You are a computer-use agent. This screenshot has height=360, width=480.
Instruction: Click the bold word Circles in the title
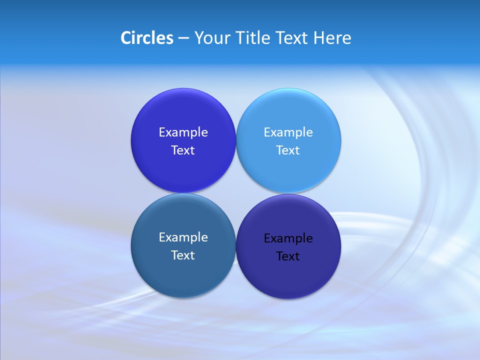tap(147, 38)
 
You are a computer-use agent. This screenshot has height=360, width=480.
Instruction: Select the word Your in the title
tap(210, 38)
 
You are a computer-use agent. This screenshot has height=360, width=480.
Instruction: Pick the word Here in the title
tap(332, 38)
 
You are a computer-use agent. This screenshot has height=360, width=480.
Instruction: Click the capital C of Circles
tap(126, 38)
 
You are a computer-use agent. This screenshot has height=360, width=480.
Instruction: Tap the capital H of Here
tap(319, 38)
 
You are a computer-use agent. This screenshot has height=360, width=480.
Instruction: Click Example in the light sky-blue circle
tap(288, 132)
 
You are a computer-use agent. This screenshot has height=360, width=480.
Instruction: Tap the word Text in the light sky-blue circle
tap(288, 150)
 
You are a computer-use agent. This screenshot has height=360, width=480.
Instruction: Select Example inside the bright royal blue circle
tap(183, 132)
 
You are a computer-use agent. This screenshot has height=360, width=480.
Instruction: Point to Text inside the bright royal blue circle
tap(183, 150)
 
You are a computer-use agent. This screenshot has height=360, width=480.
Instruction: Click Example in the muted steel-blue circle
tap(183, 237)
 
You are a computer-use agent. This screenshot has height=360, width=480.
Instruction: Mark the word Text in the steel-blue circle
tap(183, 255)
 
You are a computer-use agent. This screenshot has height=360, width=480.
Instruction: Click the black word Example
tap(288, 238)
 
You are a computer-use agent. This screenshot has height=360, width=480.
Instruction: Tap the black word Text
tap(288, 256)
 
